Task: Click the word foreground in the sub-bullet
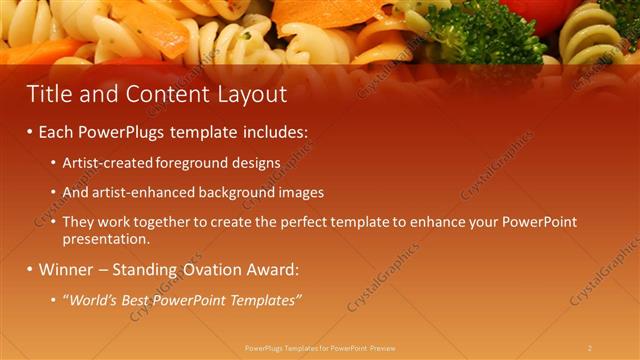(193, 162)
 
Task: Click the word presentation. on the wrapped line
(105, 240)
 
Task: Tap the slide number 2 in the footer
(590, 348)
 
